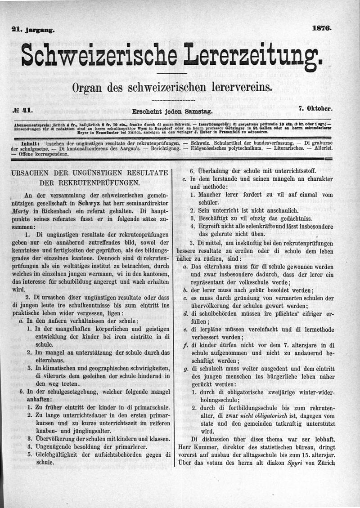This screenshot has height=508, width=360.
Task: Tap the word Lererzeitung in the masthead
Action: [x=254, y=56]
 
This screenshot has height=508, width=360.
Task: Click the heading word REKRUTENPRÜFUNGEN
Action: [x=90, y=183]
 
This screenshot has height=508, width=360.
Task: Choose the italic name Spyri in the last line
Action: [x=295, y=462]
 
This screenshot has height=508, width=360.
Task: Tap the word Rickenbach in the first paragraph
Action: [x=54, y=210]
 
